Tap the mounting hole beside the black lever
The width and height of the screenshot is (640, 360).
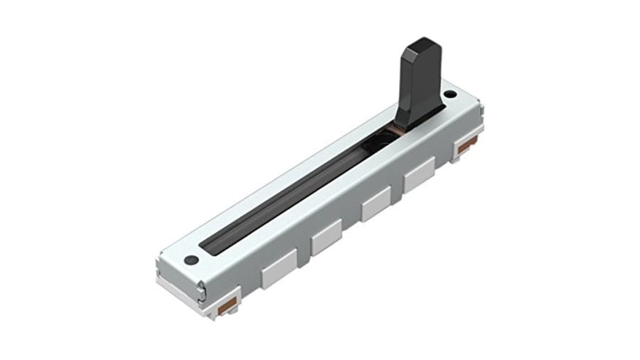[449, 94]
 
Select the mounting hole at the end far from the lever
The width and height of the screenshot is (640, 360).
[191, 260]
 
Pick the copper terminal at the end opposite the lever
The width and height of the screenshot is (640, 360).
[229, 306]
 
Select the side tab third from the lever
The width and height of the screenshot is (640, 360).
[326, 238]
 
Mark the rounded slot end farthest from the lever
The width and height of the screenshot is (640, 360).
[208, 245]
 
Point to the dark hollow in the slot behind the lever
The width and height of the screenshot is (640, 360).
[380, 139]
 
